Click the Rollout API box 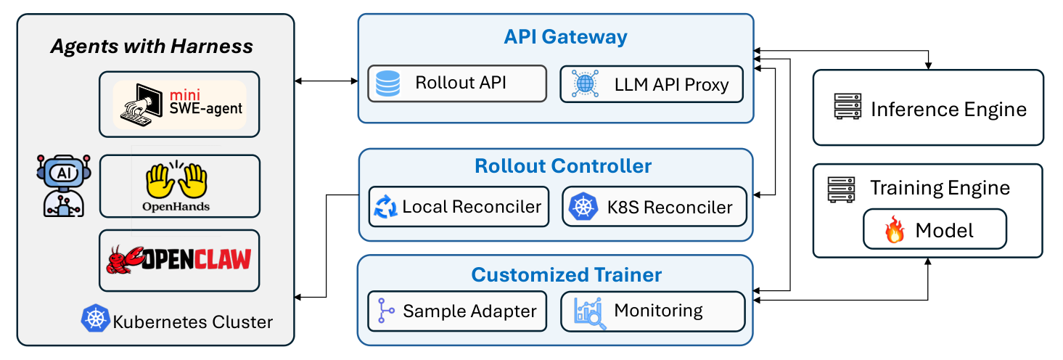tap(457, 83)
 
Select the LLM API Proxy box tap(652, 84)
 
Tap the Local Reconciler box tap(459, 207)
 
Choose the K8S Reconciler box tap(654, 207)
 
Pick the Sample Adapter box tap(457, 311)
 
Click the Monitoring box tap(652, 311)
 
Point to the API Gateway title tap(565, 37)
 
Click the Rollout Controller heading tap(563, 165)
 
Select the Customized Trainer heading tap(566, 274)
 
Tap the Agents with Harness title tap(152, 46)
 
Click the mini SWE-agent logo tap(180, 105)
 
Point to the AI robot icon tap(64, 186)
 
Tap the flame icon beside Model tap(895, 229)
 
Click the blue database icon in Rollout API tap(387, 83)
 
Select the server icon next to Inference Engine tap(847, 107)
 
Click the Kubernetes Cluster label tap(193, 322)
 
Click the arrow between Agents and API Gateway tap(327, 81)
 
